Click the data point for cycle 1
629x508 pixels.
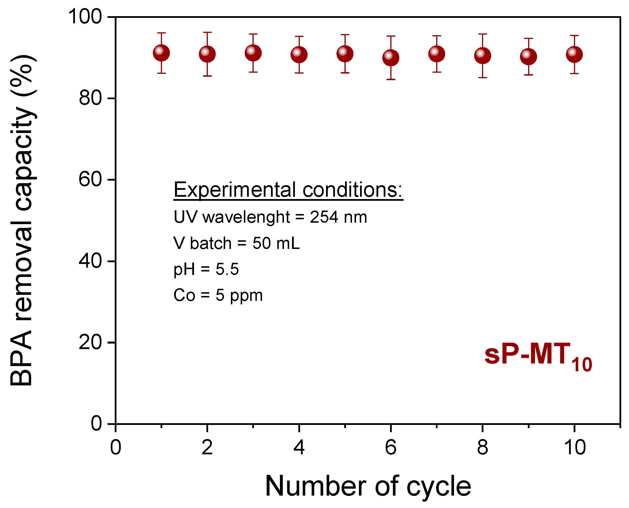[x=161, y=53]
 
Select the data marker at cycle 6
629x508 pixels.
[x=391, y=58]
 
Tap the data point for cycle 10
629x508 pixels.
[x=575, y=55]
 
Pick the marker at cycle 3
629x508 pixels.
[x=253, y=53]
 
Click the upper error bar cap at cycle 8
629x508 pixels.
[x=483, y=34]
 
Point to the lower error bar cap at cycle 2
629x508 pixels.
[x=207, y=76]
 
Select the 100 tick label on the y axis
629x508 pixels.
[x=85, y=17]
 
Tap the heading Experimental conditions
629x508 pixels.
[x=288, y=190]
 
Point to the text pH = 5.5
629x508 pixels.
[x=206, y=269]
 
